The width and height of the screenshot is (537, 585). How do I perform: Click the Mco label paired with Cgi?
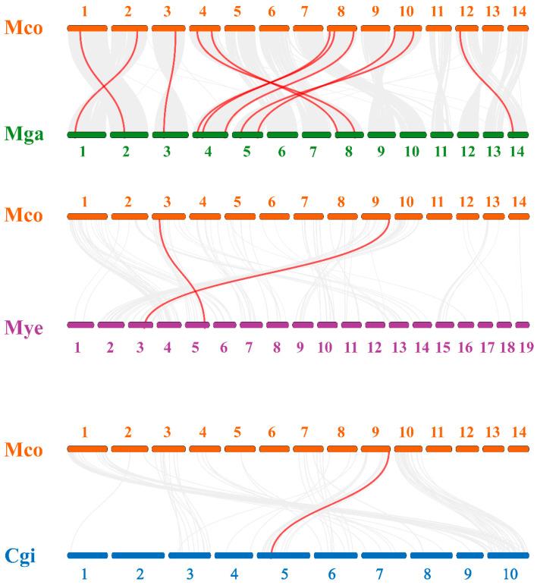pyautogui.click(x=24, y=450)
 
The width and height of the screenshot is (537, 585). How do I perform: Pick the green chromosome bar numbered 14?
pyautogui.click(x=518, y=135)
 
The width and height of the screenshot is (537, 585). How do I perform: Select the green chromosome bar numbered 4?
pyautogui.click(x=210, y=135)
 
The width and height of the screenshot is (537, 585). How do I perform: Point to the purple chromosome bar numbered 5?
pyautogui.click(x=198, y=325)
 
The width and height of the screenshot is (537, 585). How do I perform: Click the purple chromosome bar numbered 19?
pyautogui.click(x=522, y=325)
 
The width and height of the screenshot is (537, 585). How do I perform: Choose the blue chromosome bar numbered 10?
pyautogui.click(x=512, y=555)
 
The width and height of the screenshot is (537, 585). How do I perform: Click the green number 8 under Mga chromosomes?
pyautogui.click(x=348, y=151)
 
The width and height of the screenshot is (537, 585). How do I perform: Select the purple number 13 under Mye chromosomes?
pyautogui.click(x=399, y=348)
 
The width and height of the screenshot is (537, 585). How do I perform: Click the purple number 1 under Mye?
pyautogui.click(x=77, y=348)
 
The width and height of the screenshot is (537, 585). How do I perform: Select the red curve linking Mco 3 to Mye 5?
pyautogui.click(x=183, y=273)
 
